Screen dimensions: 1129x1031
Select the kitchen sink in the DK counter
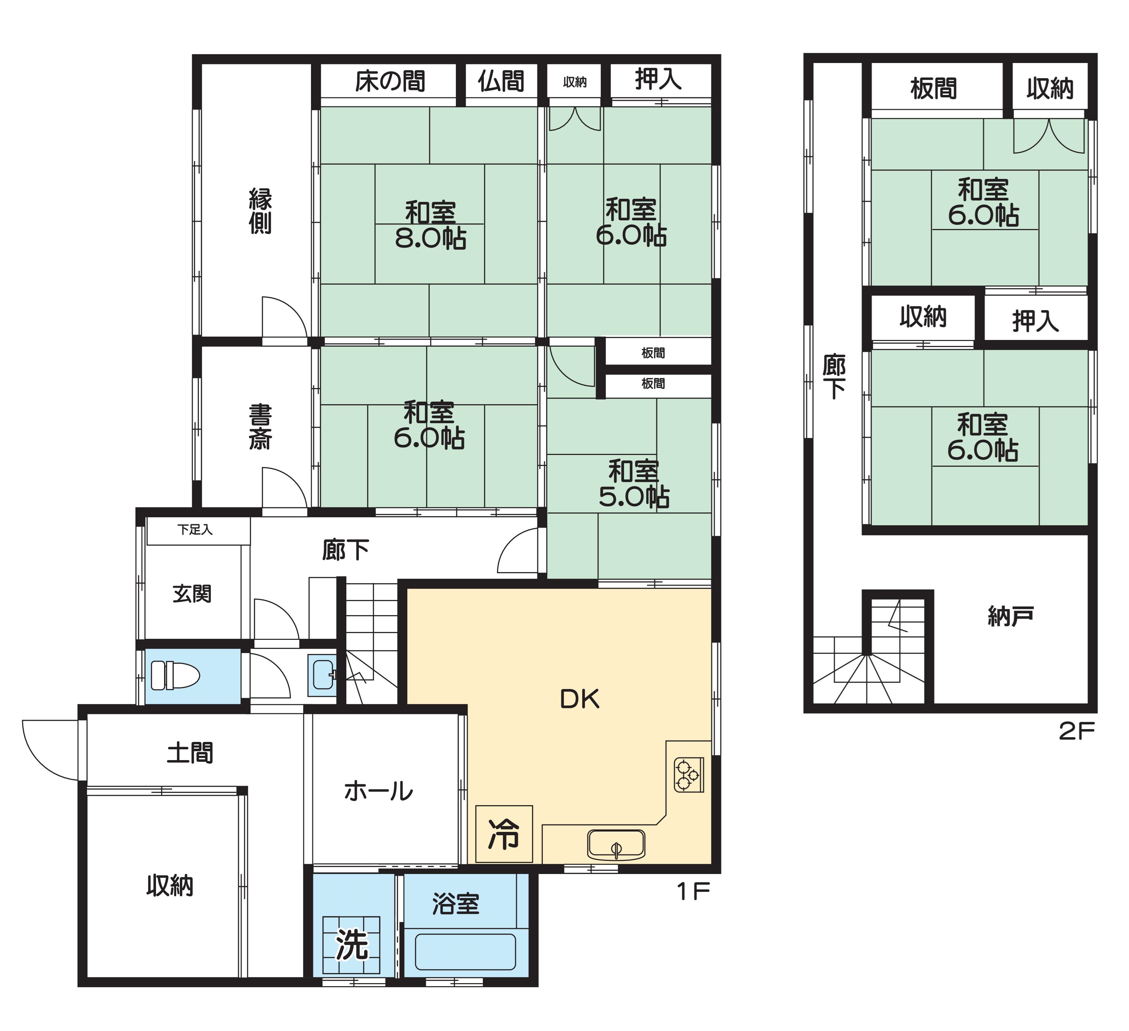pyautogui.click(x=616, y=845)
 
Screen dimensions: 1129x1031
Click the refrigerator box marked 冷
pyautogui.click(x=504, y=834)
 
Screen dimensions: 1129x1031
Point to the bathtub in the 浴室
pyautogui.click(x=465, y=952)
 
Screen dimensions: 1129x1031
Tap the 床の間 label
pyautogui.click(x=390, y=82)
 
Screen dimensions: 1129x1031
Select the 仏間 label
pyautogui.click(x=501, y=82)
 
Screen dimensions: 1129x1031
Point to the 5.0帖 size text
pyautogui.click(x=634, y=496)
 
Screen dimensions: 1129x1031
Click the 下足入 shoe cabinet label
pyautogui.click(x=195, y=530)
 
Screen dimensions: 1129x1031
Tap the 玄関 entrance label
pyautogui.click(x=192, y=594)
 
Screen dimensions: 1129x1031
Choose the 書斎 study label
pyautogui.click(x=260, y=427)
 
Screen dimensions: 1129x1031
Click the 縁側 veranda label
pyautogui.click(x=260, y=211)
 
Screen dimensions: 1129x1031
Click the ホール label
pyautogui.click(x=379, y=792)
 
